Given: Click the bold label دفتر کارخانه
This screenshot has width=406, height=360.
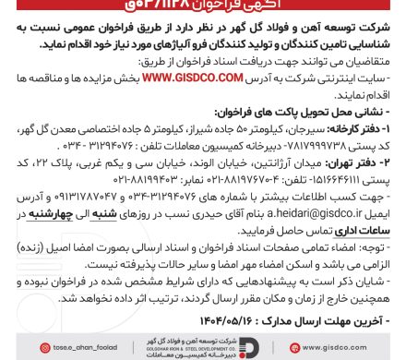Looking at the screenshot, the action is pyautogui.click(x=369, y=120).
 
